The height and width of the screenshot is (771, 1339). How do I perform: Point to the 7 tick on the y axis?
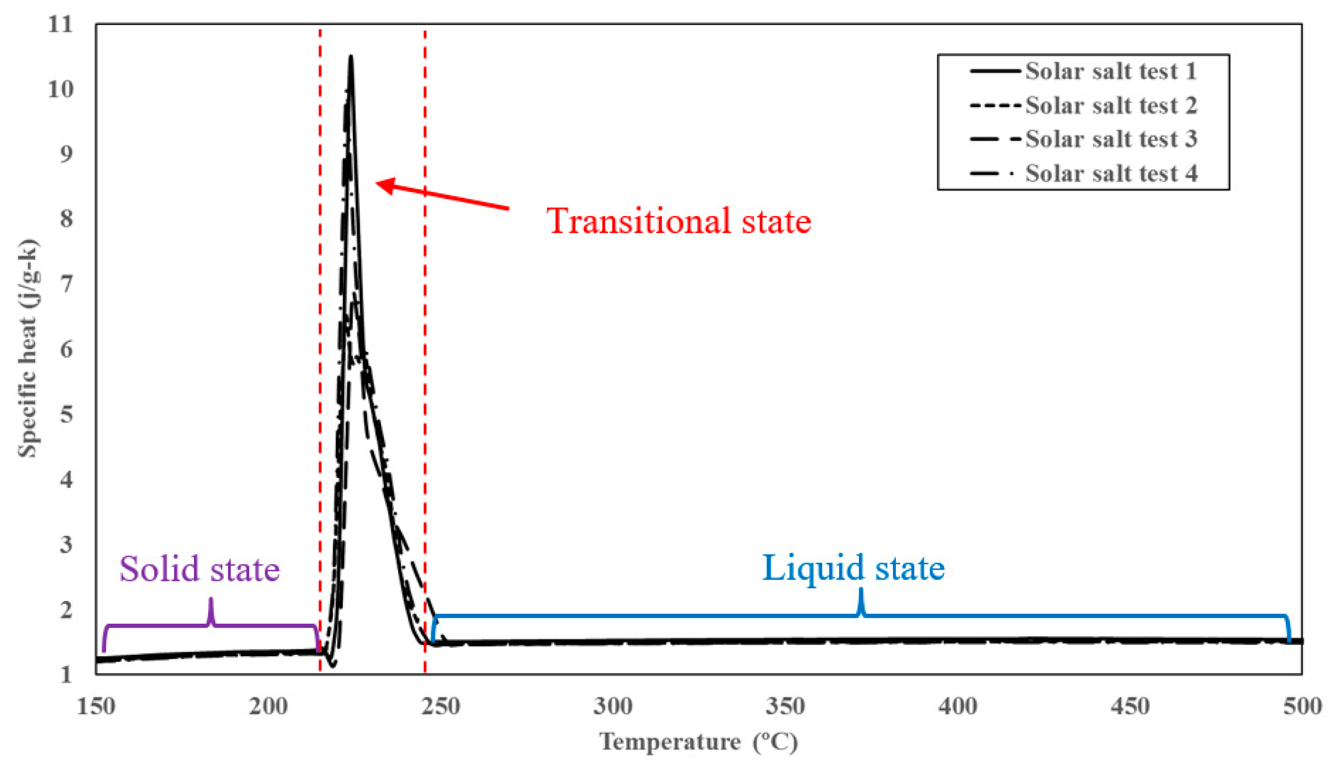pyautogui.click(x=66, y=285)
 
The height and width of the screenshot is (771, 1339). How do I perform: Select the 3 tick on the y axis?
pyautogui.click(x=66, y=545)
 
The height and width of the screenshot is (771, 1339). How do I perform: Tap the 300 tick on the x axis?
pyautogui.click(x=613, y=706)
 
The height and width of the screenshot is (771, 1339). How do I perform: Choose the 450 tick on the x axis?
pyautogui.click(x=1130, y=706)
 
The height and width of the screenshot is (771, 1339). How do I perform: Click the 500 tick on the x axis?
pyautogui.click(x=1302, y=706)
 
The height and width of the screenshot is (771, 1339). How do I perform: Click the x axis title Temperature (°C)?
pyautogui.click(x=698, y=742)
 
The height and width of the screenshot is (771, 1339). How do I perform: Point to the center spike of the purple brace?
pyautogui.click(x=211, y=601)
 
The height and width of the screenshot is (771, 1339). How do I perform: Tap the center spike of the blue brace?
pyautogui.click(x=861, y=591)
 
